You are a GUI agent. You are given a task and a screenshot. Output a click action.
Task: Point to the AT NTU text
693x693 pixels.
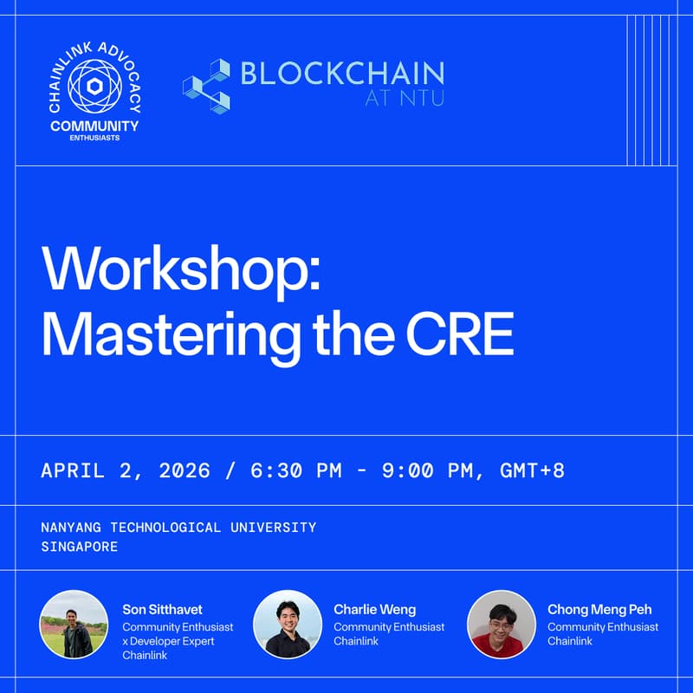(404, 98)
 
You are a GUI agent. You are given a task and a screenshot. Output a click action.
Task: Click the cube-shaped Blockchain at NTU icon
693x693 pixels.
(206, 85)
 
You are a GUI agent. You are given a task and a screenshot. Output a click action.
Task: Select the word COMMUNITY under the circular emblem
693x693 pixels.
(94, 126)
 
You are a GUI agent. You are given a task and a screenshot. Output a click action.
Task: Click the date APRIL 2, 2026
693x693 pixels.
(126, 470)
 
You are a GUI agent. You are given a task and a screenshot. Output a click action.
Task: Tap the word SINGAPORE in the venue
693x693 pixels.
(79, 547)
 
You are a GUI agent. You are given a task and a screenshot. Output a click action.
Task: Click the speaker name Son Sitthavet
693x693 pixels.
(162, 610)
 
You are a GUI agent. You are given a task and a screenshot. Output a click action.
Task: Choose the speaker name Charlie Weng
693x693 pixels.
(374, 610)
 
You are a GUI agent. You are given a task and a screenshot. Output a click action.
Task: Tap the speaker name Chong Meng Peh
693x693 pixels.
(599, 610)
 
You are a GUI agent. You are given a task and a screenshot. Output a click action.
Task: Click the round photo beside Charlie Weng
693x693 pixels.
(288, 625)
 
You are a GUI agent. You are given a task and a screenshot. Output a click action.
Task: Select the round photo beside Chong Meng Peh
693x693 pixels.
(501, 625)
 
